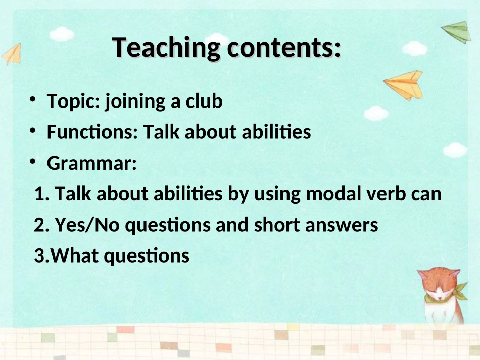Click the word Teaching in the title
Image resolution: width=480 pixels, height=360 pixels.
[166, 48]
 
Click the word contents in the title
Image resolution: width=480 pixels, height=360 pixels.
[281, 48]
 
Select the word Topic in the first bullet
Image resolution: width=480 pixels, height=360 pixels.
[71, 101]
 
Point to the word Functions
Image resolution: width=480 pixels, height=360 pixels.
[90, 132]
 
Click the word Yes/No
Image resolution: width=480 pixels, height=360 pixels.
[87, 225]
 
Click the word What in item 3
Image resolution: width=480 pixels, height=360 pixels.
[75, 255]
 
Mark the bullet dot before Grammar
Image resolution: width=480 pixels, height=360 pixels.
[33, 161]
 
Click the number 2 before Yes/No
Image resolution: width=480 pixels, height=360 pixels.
[39, 225]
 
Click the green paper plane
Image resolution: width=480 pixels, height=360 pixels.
[457, 32]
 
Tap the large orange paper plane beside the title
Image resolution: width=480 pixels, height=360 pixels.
[404, 85]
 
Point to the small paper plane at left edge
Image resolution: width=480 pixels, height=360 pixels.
[12, 55]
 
